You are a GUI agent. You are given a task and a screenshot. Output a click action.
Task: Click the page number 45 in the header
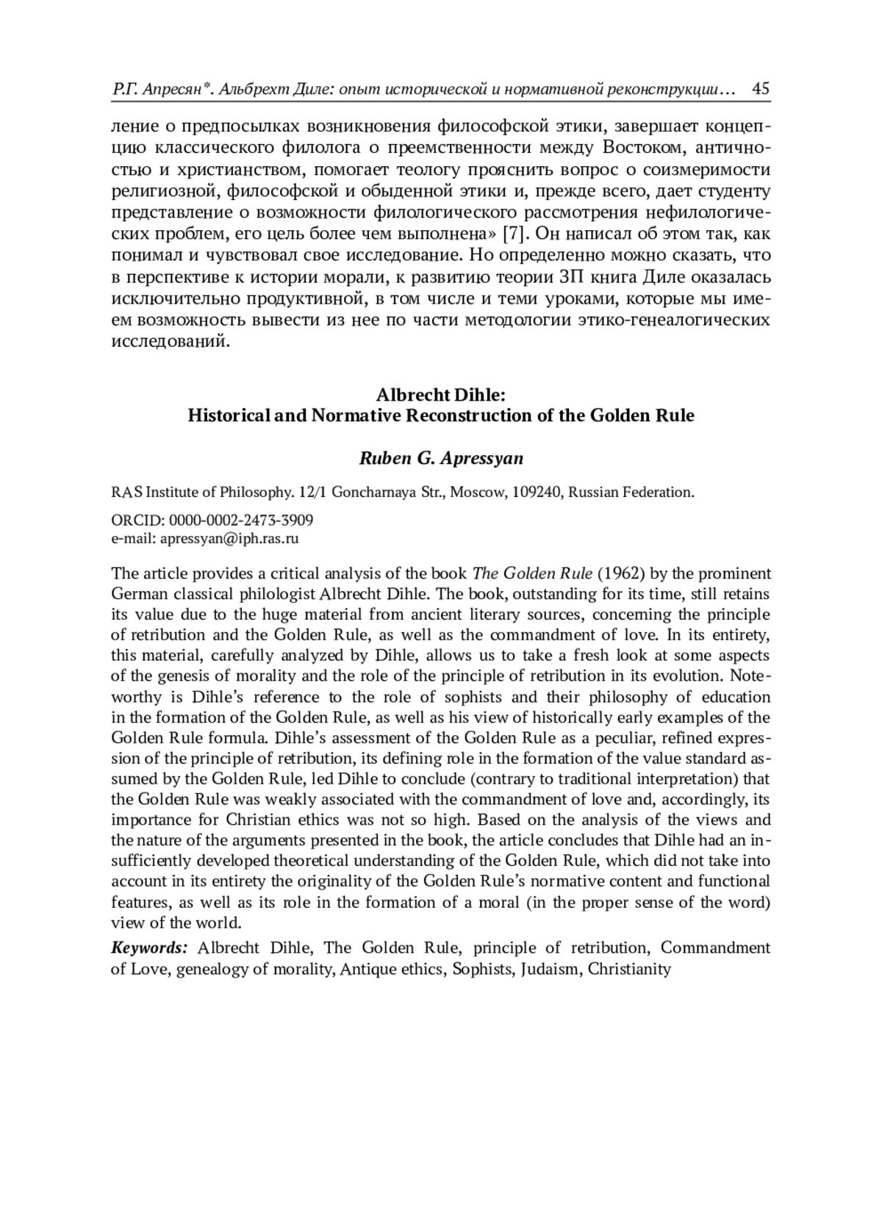761,90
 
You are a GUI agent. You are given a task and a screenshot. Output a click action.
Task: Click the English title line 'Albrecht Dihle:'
440,395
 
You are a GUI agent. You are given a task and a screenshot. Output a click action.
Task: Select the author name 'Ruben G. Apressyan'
441,459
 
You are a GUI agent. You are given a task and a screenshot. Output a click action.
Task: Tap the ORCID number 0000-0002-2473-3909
241,520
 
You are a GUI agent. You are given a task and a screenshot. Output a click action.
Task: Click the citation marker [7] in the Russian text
513,235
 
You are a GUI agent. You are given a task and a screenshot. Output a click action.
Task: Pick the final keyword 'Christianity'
630,969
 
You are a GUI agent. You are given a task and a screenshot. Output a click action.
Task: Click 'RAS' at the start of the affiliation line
125,492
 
